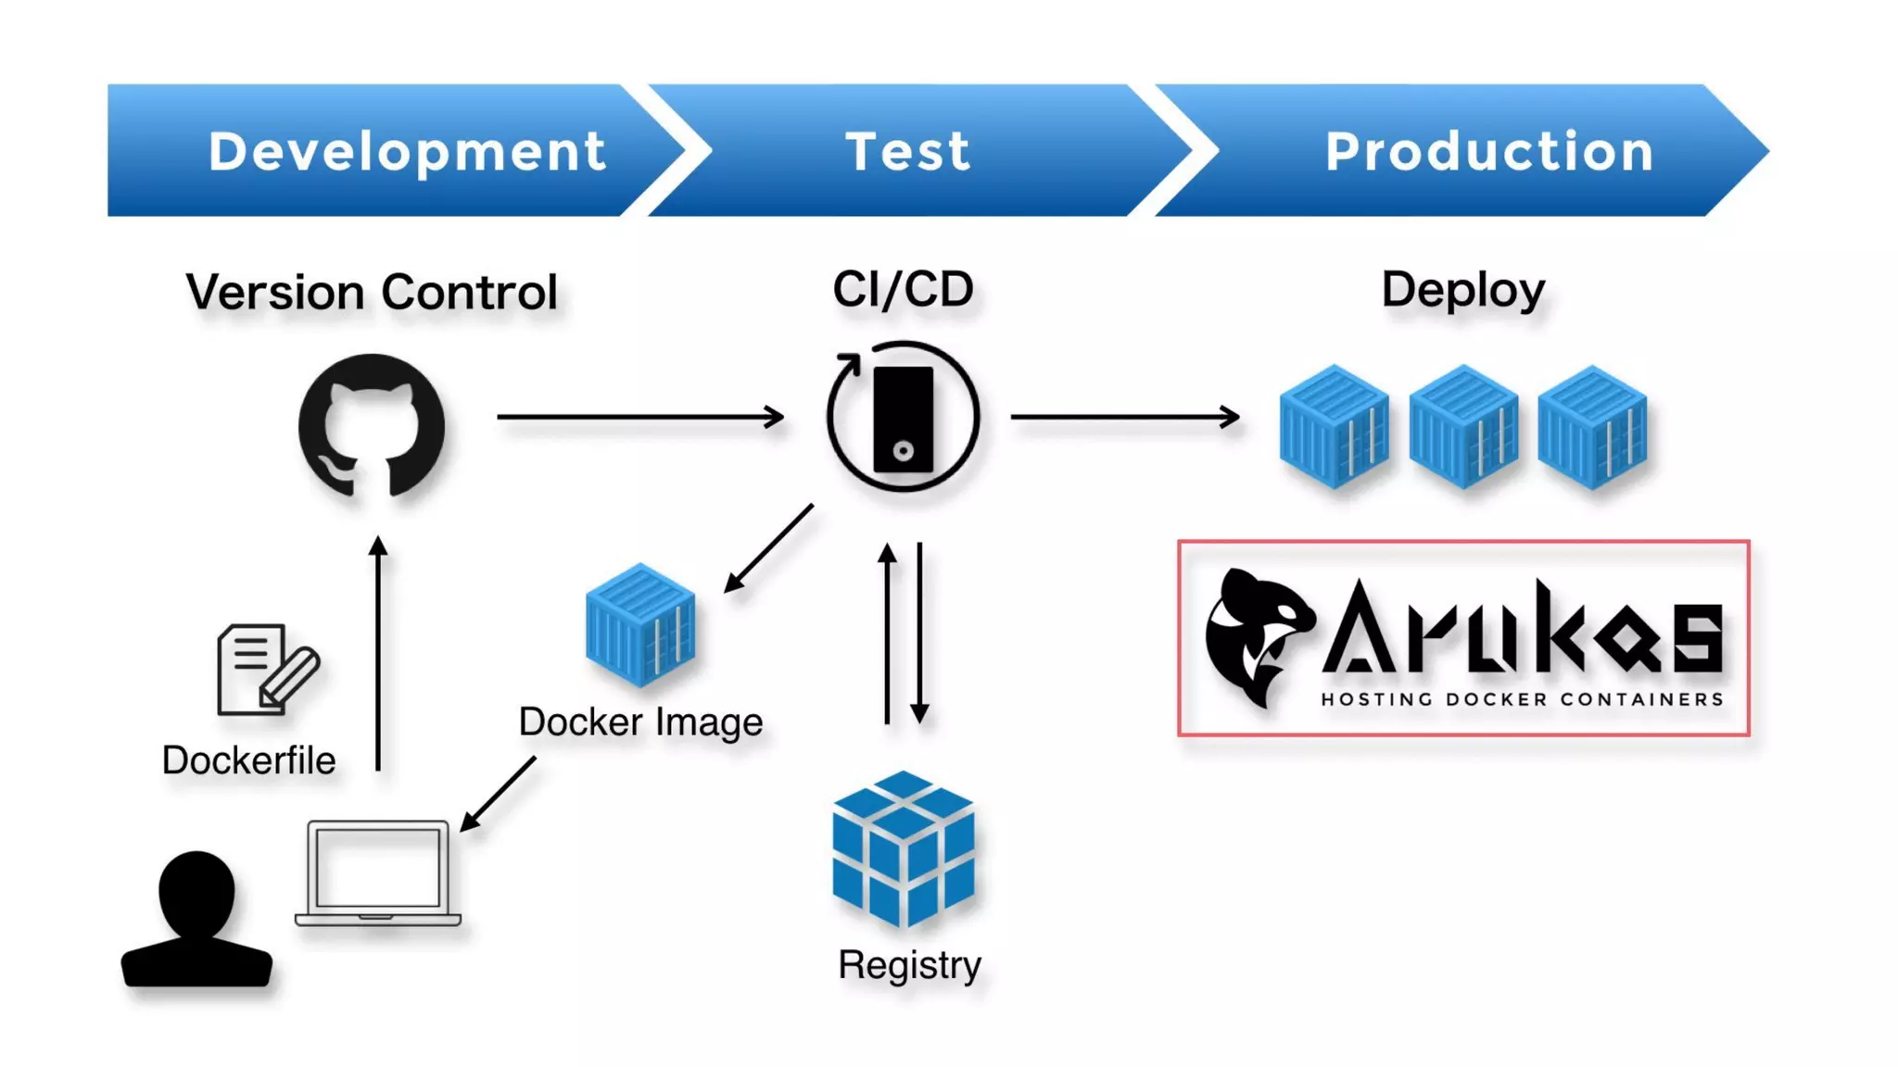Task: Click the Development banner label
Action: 407,151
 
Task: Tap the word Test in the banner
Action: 907,151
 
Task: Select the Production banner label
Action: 1489,151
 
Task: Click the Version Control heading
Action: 372,293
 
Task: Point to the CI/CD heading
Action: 903,289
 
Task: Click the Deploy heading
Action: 1462,289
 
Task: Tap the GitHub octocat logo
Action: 372,426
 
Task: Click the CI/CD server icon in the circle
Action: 903,419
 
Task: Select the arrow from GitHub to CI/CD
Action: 639,417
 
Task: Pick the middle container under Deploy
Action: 1462,427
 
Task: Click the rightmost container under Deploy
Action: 1591,427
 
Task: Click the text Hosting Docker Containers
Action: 1521,699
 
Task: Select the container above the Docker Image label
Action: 639,624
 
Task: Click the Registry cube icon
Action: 903,848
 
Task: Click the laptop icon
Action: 378,872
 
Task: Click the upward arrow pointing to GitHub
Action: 378,653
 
